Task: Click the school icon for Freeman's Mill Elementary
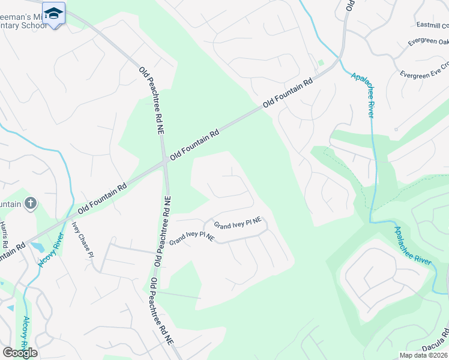(54, 14)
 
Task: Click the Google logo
(20, 352)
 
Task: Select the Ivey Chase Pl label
(83, 239)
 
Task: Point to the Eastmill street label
(432, 25)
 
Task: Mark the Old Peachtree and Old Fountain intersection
(164, 161)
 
